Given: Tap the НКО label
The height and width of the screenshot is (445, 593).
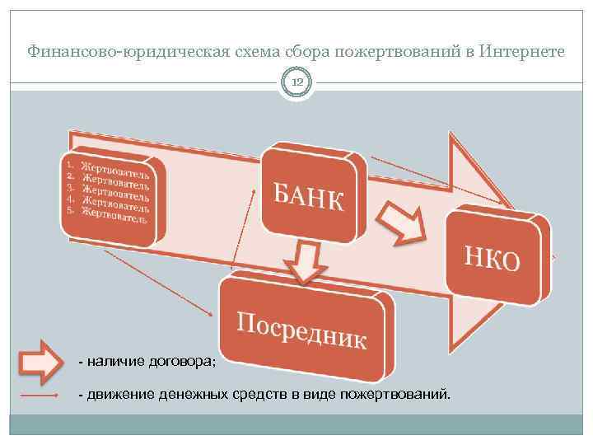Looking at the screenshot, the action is click(493, 258).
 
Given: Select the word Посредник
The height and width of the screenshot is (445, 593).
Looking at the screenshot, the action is click(301, 330).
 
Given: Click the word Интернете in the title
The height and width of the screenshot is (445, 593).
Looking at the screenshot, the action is click(521, 51).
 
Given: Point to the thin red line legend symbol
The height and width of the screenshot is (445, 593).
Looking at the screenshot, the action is click(40, 395).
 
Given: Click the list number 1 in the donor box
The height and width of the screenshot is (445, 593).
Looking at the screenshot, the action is click(70, 165).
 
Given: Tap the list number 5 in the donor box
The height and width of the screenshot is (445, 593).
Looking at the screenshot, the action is click(71, 210).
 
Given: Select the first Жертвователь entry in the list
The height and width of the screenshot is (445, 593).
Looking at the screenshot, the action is click(115, 167).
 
